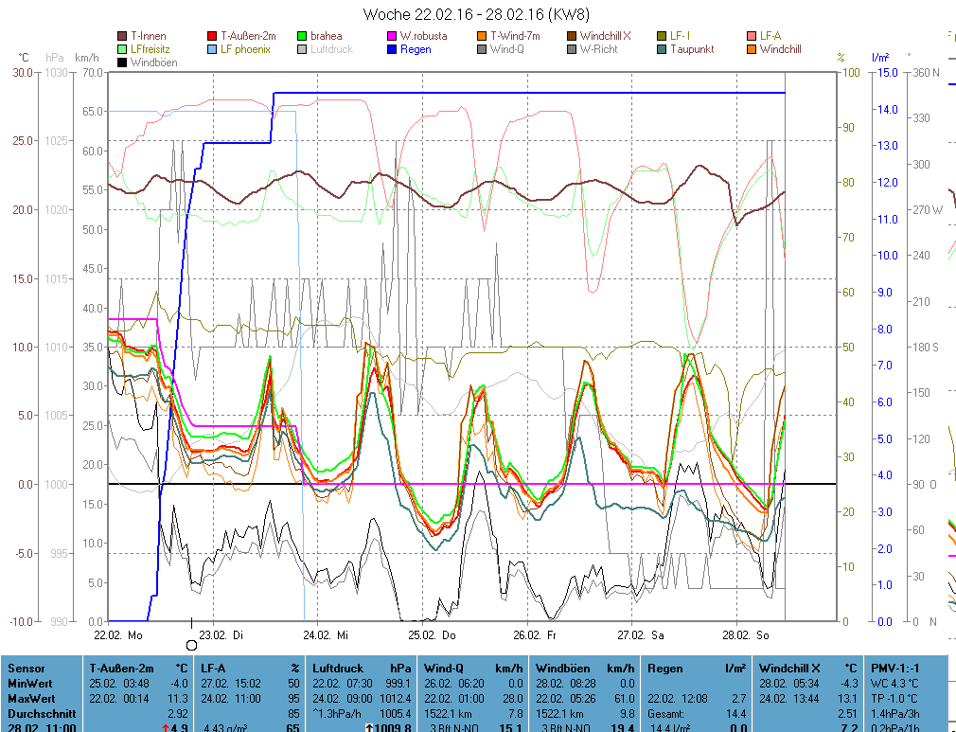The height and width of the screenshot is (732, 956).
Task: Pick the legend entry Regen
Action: tap(415, 49)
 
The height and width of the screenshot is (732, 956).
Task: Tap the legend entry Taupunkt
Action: tap(692, 49)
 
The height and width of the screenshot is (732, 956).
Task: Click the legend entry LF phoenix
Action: tap(245, 49)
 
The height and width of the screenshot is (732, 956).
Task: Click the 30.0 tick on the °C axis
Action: tap(21, 72)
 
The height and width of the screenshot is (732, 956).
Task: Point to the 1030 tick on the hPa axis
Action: tap(57, 72)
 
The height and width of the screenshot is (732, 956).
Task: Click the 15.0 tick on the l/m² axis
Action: tap(887, 72)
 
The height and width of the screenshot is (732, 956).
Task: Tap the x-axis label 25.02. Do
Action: tap(432, 635)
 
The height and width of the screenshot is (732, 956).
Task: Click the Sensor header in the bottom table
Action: tap(26, 669)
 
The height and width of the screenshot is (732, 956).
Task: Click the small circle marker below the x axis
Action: tap(191, 645)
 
